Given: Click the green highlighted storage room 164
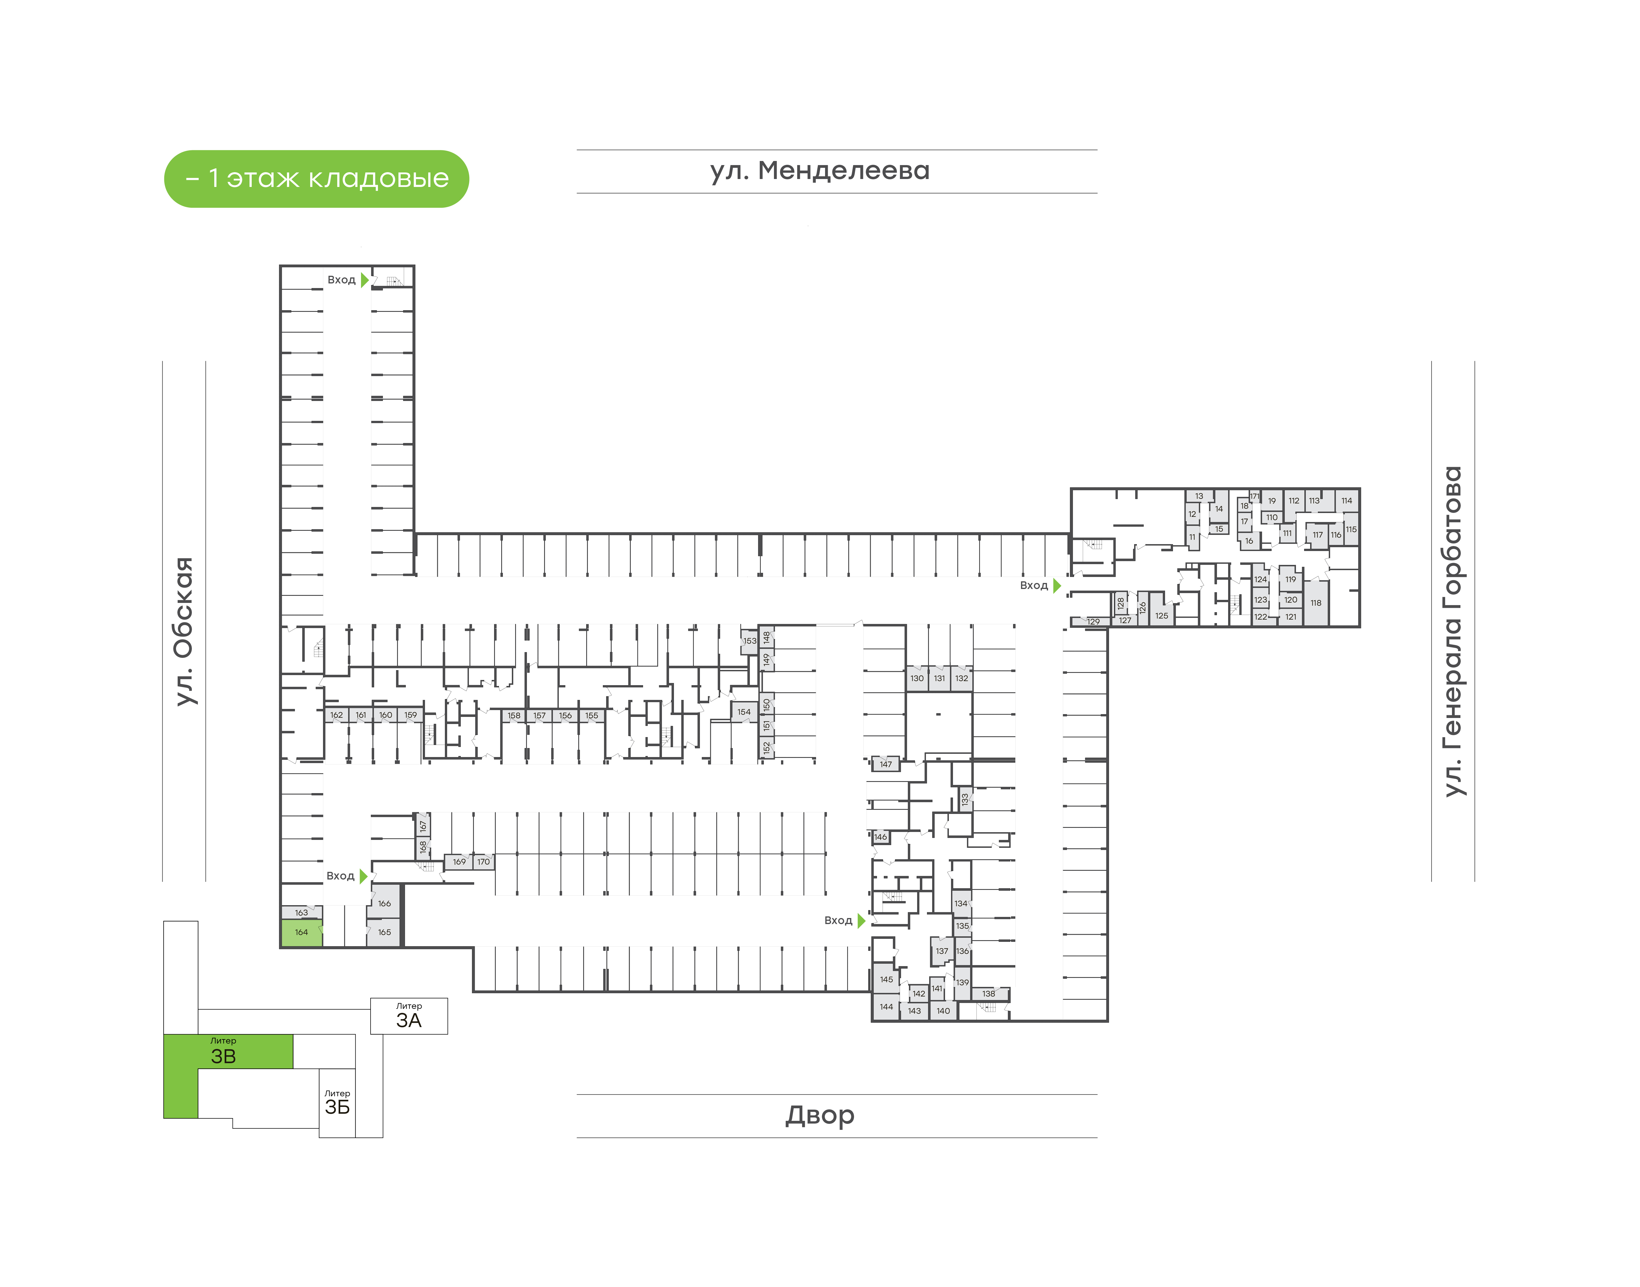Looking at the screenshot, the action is coord(301,933).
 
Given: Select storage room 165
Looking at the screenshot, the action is coord(384,932).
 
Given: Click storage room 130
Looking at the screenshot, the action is coord(917,678).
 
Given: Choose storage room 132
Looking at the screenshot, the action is coord(961,678).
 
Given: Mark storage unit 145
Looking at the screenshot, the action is coord(887,980).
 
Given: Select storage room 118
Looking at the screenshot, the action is coord(1316,603).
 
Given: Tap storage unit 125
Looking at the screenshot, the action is coord(1162,615).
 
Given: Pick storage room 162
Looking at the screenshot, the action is coord(337,715).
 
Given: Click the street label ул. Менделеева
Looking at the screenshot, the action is coord(820,171).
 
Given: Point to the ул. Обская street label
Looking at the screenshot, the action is coord(184,631).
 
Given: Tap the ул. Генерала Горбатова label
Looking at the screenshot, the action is coord(1452,631).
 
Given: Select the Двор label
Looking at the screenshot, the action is coord(820,1115).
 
